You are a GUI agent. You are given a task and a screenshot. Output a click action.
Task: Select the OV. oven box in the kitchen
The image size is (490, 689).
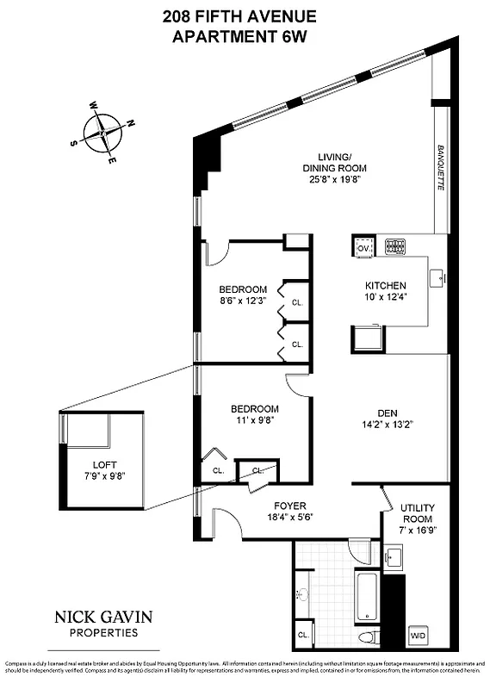(x=363, y=247)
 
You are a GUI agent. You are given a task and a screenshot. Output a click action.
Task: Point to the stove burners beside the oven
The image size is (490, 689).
(x=394, y=246)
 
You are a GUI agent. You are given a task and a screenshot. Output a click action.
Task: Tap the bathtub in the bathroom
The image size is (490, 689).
(x=367, y=595)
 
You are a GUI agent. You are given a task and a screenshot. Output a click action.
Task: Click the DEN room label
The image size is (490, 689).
(x=385, y=412)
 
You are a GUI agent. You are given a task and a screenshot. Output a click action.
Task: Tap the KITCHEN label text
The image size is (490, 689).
(x=385, y=286)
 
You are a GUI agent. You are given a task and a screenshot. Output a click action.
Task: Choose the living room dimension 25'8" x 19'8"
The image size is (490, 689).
(x=323, y=181)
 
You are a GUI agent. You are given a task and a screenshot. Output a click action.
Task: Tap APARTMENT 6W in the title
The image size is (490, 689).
(x=244, y=36)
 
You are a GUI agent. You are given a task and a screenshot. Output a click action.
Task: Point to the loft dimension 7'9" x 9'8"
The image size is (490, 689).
(x=103, y=476)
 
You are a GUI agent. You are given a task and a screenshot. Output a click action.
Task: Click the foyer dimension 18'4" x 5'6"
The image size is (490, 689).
(x=288, y=518)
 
